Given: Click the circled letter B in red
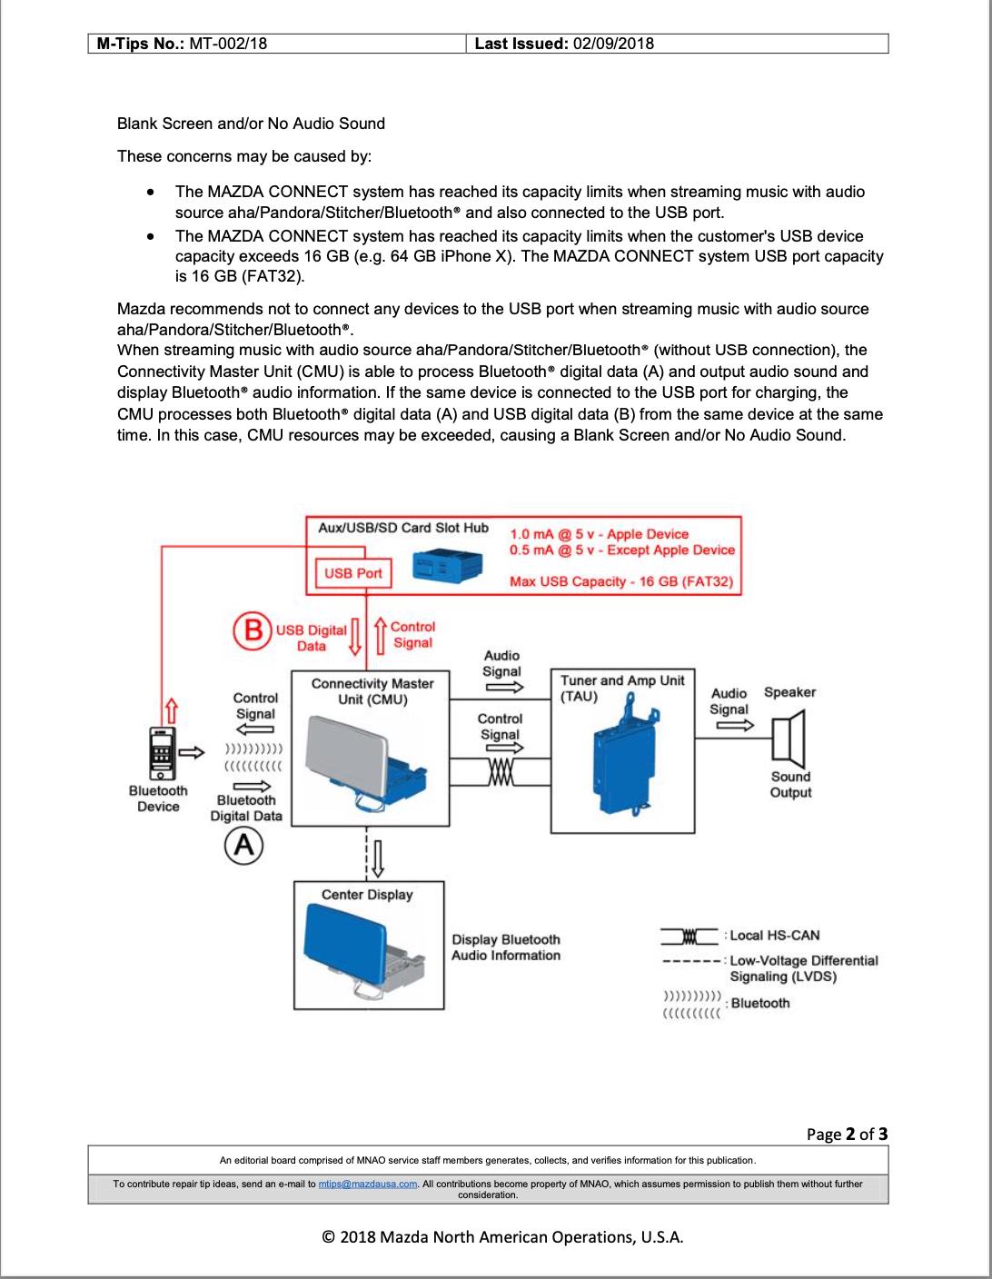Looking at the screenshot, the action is click(252, 631).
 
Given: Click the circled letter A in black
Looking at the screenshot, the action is click(243, 846).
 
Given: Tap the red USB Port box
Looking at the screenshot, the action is click(353, 572).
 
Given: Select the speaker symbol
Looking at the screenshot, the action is click(789, 739).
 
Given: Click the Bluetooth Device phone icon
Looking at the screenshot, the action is click(162, 754).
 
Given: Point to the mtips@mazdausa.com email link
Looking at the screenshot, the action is click(368, 1184).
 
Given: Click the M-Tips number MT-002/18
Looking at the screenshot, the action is click(228, 44).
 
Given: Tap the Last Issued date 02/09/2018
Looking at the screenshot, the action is click(614, 44).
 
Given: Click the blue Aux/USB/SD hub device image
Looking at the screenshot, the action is click(448, 567).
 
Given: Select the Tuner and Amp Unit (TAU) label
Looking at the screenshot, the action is click(622, 688).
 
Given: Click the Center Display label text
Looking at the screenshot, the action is click(367, 895).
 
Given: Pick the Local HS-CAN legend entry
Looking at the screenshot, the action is click(740, 936).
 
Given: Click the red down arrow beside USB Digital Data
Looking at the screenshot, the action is click(355, 636).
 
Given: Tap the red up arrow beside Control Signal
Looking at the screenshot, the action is click(381, 635).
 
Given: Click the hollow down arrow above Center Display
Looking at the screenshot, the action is click(378, 858).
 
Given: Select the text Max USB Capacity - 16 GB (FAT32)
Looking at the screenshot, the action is click(621, 581).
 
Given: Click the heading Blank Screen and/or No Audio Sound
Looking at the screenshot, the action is click(251, 124).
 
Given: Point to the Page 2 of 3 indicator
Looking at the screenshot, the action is click(847, 1135).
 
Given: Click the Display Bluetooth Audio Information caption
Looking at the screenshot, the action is click(506, 947).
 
